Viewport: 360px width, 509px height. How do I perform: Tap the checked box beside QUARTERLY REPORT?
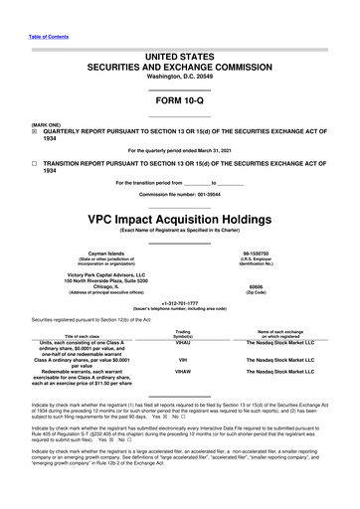coord(8,112)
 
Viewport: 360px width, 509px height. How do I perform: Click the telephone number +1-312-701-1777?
coord(180,276)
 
